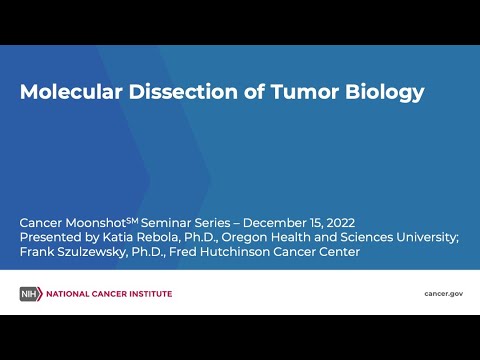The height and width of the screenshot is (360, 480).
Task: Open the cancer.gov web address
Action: point(443,293)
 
